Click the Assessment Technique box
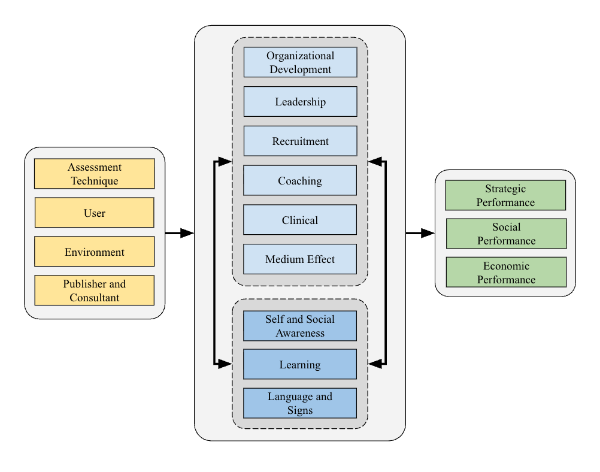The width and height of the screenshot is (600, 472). pos(95,174)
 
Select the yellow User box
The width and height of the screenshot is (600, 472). pos(95,213)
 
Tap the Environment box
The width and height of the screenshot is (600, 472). pos(95,252)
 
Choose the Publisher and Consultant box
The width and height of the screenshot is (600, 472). pos(95,291)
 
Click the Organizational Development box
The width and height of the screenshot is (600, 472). pos(300,62)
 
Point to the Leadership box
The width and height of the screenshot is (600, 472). pos(300,101)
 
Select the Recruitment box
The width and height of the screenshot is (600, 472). pos(300,141)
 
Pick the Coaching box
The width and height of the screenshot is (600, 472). pos(300,180)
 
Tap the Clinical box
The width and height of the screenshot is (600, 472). pos(300,220)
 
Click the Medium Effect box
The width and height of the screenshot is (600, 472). pos(300,259)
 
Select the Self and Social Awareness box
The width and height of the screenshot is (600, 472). pos(300,326)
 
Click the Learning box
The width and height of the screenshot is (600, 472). pos(300,364)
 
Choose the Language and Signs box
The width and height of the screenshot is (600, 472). pos(300,403)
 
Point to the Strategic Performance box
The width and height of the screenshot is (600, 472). pos(506,195)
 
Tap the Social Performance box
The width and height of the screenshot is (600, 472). pos(506,234)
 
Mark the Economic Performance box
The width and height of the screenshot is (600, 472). pos(506,273)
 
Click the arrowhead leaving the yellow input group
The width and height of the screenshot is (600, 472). pos(187,233)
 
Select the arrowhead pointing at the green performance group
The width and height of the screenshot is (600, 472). pos(428,233)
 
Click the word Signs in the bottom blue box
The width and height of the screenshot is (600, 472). pos(300,410)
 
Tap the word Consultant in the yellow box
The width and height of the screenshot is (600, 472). pos(95,298)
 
